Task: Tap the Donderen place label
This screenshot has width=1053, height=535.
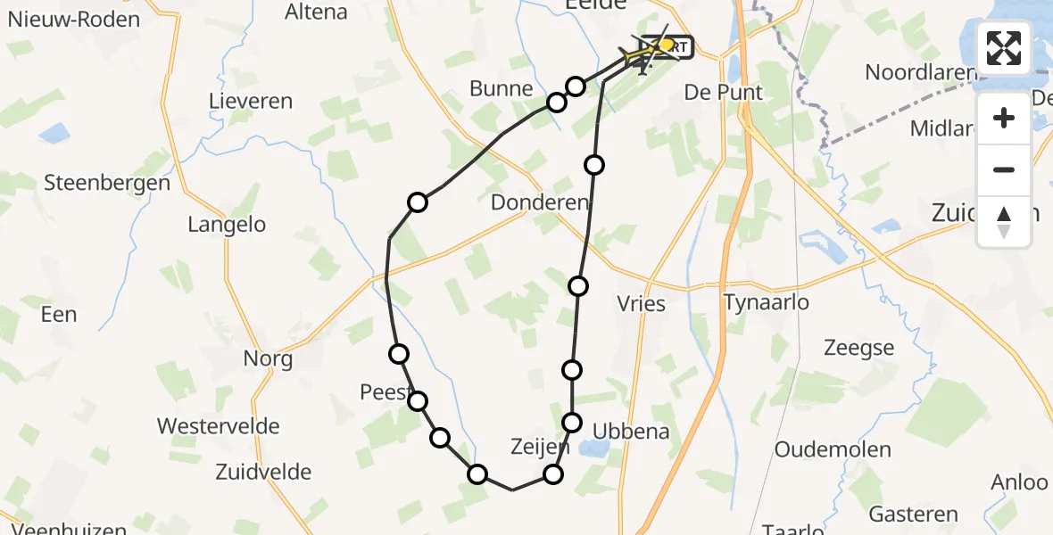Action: [x=540, y=202]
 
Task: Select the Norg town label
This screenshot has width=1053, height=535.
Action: [x=268, y=359]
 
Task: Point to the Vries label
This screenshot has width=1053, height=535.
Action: [x=641, y=303]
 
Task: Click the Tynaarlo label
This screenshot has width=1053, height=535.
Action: [x=767, y=302]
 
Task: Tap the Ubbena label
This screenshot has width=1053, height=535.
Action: [x=636, y=432]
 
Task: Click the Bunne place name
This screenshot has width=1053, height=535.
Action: [x=501, y=89]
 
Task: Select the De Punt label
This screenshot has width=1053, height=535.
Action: [x=723, y=92]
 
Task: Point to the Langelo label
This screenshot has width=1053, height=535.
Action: [x=227, y=225]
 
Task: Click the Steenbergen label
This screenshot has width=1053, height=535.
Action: [x=107, y=184]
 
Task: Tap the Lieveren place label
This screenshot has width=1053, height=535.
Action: [x=250, y=101]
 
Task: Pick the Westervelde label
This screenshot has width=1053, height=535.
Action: [x=219, y=426]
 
